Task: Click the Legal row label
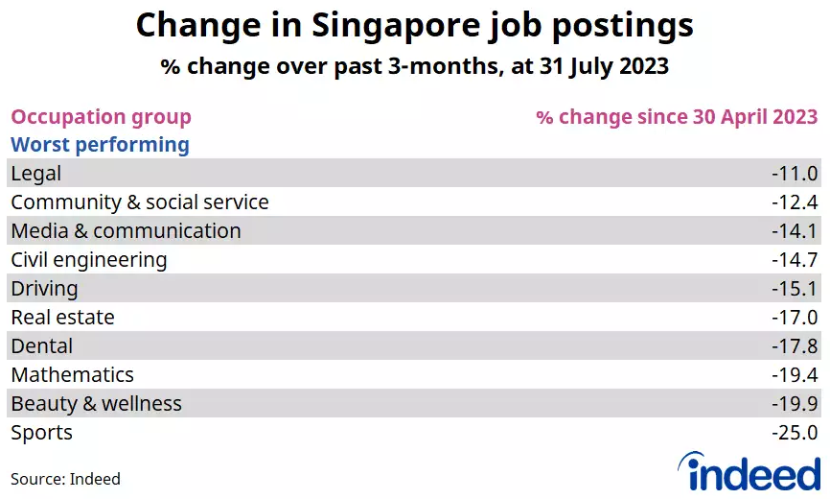36,174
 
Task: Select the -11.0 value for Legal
794,174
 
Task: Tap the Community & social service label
140,202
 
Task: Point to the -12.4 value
794,202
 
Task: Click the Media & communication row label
126,231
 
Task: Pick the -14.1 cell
794,231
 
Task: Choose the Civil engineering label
89,260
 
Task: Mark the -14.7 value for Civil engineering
794,260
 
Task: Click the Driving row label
44,289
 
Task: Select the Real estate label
62,318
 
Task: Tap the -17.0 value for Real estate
794,318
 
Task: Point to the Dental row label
42,345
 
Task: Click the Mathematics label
73,375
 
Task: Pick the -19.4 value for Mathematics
794,375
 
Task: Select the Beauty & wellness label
97,404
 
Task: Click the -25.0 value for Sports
794,433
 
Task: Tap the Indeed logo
749,471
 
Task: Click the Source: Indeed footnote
65,479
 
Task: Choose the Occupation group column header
101,117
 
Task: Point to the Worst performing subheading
100,145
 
